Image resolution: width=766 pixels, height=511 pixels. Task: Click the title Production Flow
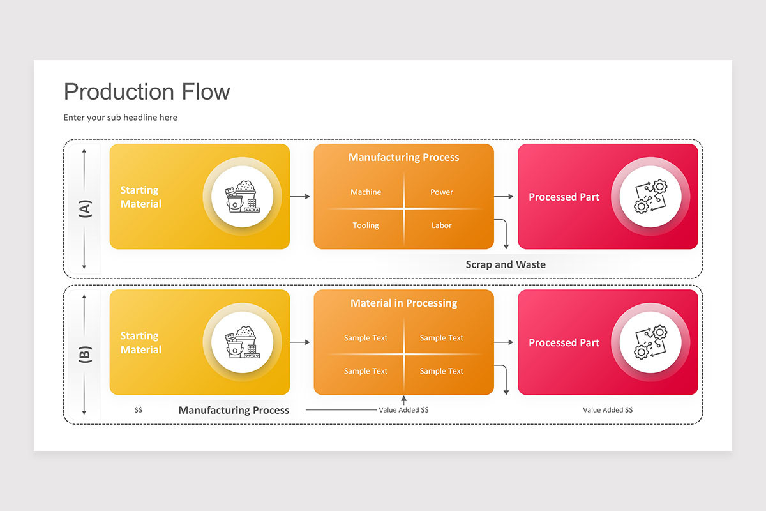[147, 92]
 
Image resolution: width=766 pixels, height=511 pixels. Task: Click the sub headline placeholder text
[121, 118]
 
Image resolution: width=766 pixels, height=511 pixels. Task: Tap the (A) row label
[85, 208]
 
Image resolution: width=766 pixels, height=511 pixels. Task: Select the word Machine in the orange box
[366, 192]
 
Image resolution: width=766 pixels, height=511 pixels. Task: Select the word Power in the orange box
[441, 192]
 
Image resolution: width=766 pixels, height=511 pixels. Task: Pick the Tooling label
[366, 225]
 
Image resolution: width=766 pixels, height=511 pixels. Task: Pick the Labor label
[441, 225]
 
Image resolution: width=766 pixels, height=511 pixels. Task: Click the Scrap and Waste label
[506, 264]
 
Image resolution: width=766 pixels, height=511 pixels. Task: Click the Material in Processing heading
[403, 303]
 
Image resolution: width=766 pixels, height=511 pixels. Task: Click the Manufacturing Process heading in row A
[403, 158]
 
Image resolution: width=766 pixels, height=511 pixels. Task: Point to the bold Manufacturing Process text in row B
[234, 410]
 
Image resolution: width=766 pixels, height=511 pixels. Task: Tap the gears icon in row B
[650, 342]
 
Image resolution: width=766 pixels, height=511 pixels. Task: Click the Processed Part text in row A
[564, 197]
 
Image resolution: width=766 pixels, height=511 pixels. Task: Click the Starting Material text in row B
[140, 343]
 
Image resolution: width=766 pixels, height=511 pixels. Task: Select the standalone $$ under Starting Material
[139, 410]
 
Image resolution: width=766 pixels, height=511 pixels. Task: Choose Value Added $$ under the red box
[608, 410]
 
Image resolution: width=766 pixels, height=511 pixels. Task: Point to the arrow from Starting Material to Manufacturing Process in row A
[300, 197]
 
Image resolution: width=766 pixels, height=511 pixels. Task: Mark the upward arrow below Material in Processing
[403, 401]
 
